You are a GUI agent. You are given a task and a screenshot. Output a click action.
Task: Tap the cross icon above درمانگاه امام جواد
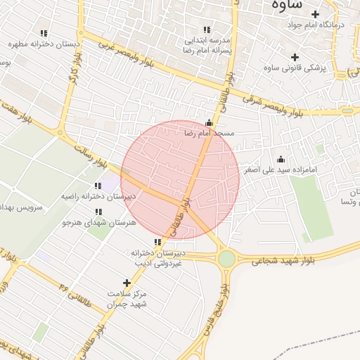click(x=315, y=14)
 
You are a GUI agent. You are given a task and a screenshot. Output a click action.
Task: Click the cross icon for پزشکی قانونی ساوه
click(x=295, y=57)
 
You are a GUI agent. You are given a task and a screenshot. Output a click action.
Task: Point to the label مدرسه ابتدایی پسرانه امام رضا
click(x=207, y=46)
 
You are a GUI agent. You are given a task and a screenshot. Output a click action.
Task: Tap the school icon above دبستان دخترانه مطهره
click(x=44, y=33)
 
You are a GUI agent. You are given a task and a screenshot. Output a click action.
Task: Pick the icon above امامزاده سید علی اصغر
click(x=281, y=159)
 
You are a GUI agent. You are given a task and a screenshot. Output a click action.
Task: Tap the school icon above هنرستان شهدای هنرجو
click(x=98, y=211)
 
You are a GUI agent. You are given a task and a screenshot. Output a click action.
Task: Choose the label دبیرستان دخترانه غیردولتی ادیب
click(x=157, y=257)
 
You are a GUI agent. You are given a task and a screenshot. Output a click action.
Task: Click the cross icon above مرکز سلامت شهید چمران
click(x=127, y=283)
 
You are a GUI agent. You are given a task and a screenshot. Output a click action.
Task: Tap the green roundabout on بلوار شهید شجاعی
click(x=226, y=259)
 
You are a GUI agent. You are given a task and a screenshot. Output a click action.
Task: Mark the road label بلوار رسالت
click(x=89, y=154)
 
